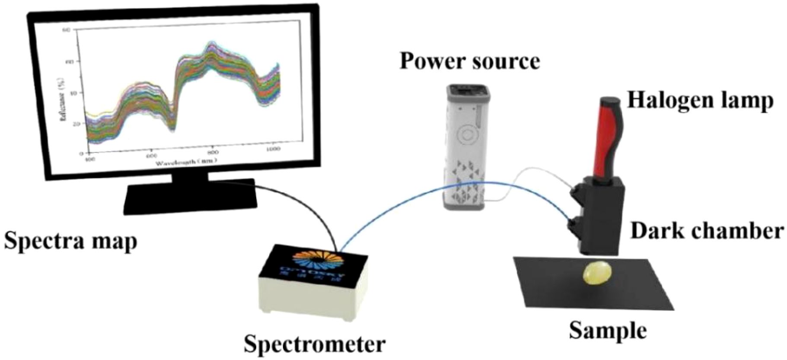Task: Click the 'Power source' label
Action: (x=470, y=61)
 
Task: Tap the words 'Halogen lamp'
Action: (x=700, y=100)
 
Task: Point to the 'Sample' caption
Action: (x=608, y=331)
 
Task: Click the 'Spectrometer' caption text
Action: (x=314, y=345)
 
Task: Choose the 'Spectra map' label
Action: (x=70, y=241)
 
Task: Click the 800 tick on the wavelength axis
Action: (x=213, y=153)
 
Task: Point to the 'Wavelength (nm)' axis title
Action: (x=186, y=162)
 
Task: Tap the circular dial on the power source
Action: (x=467, y=135)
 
